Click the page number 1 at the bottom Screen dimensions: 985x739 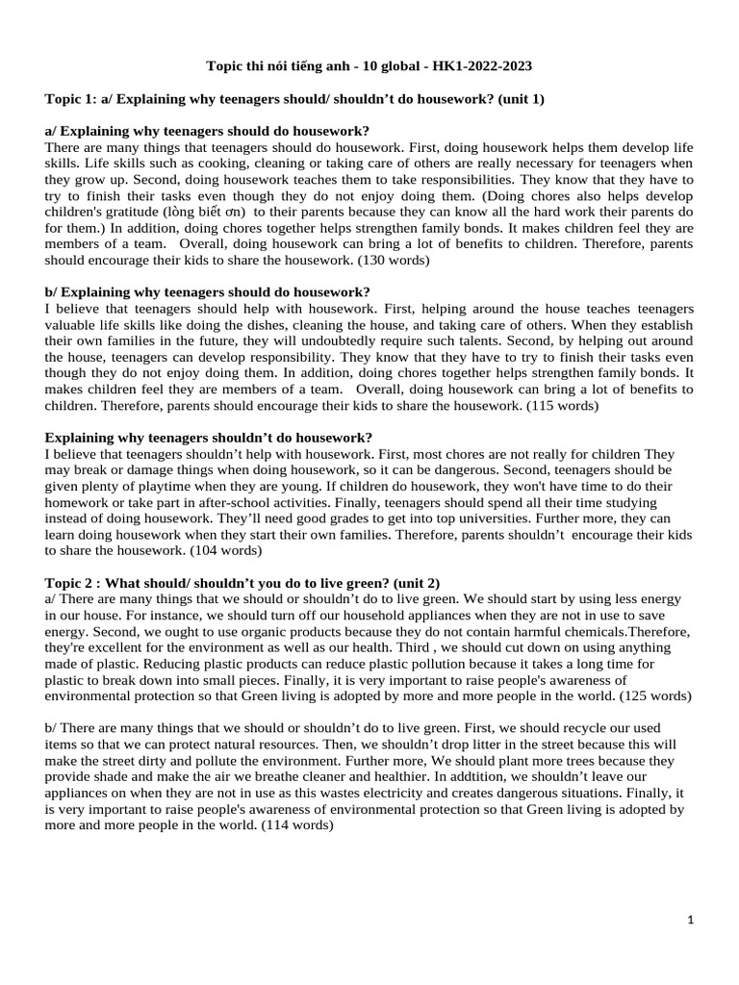692,921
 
